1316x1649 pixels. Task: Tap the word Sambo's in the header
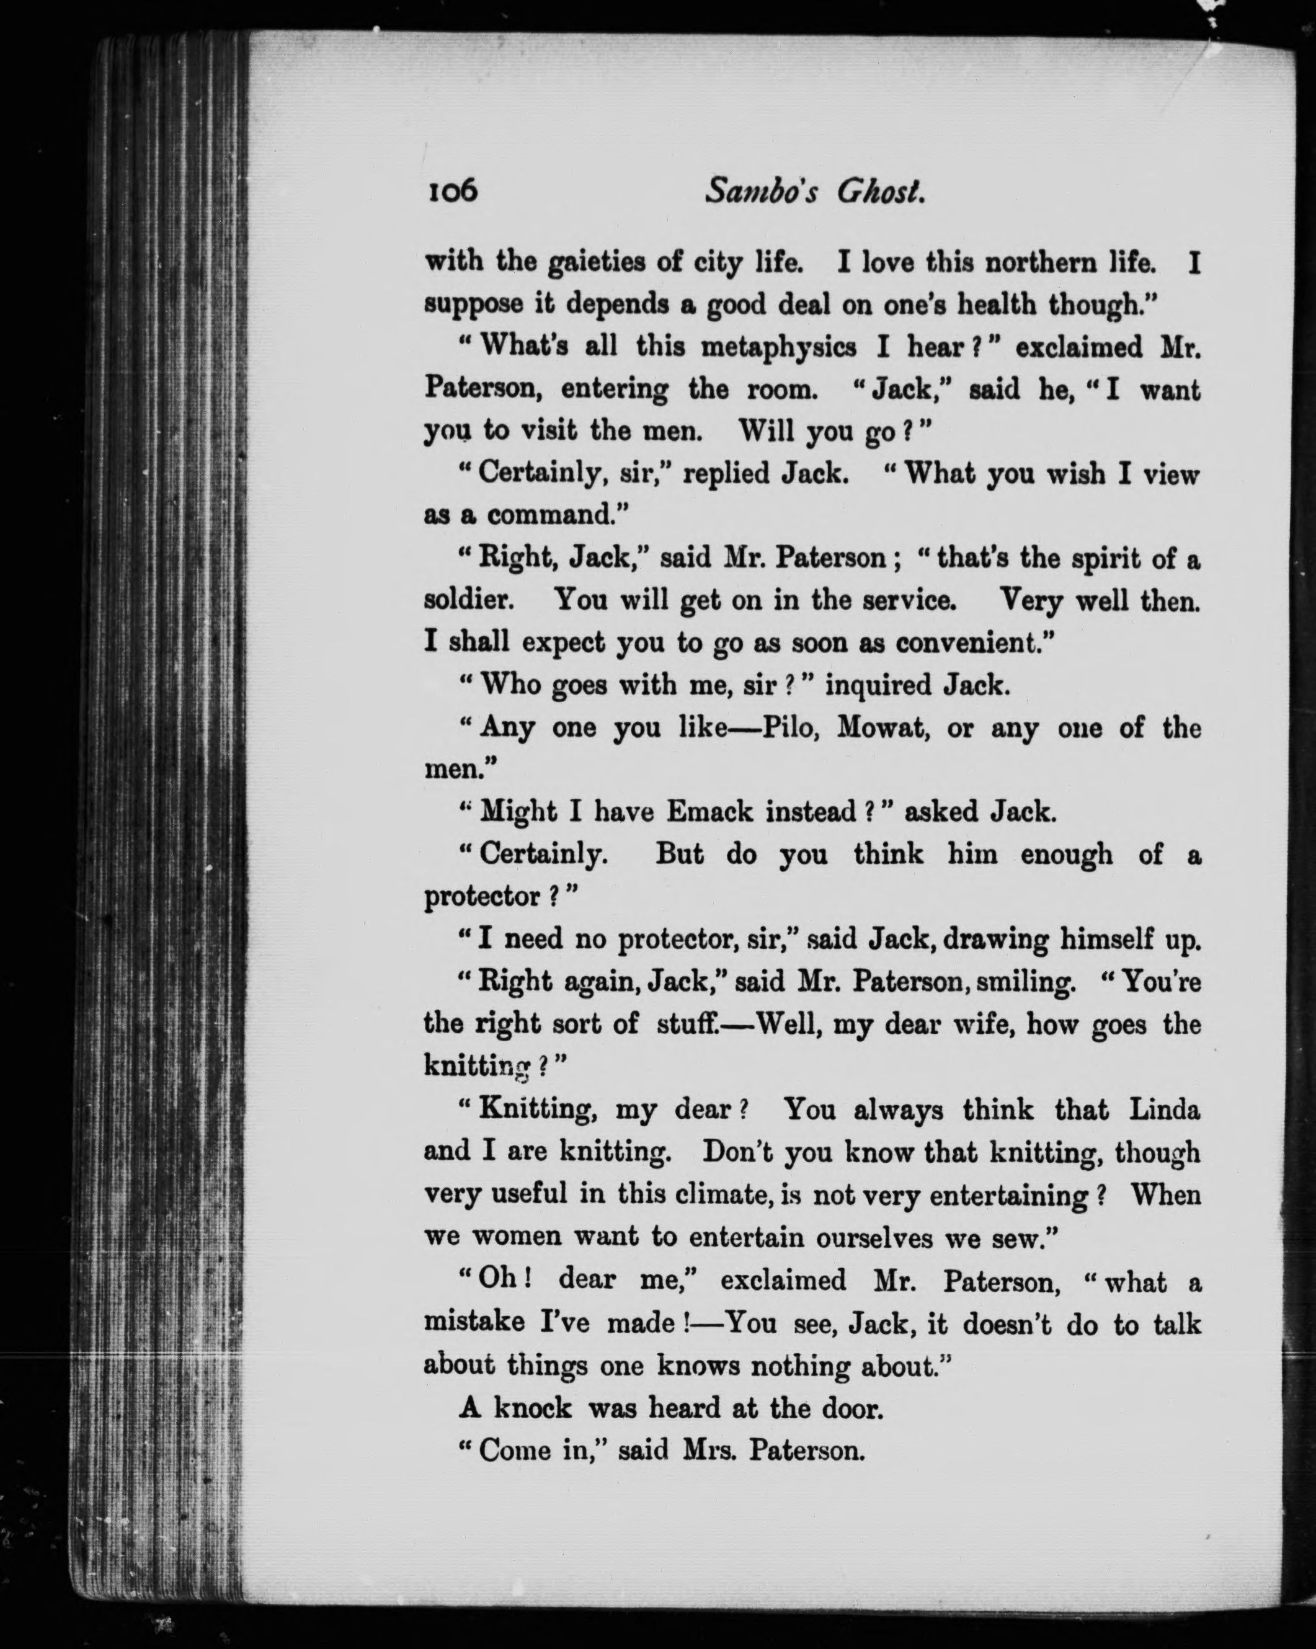pos(761,190)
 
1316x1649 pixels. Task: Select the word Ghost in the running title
pos(880,190)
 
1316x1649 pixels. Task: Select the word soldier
pos(468,599)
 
